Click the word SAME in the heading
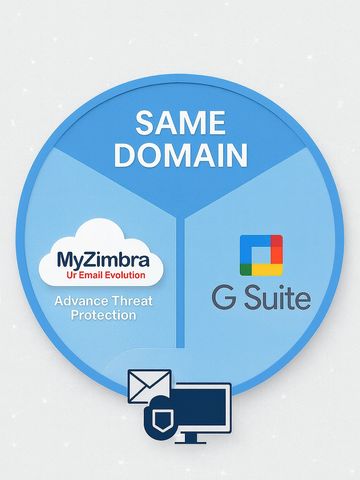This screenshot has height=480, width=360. (180, 125)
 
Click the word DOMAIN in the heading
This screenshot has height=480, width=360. (180, 156)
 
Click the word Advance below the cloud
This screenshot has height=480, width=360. (76, 300)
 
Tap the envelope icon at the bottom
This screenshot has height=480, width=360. (149, 385)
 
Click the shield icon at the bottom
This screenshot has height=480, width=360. (162, 419)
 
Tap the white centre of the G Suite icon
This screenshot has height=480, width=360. (262, 255)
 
